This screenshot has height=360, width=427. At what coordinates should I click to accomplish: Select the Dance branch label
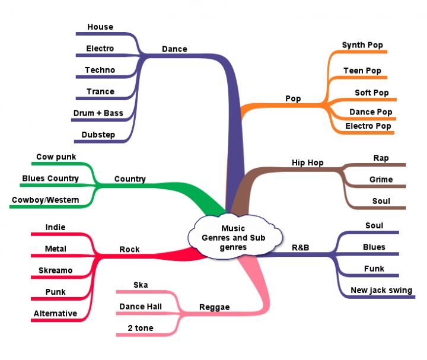(174, 49)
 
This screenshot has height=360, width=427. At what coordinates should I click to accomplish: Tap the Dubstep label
(98, 135)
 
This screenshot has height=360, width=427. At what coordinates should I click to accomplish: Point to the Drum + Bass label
(98, 113)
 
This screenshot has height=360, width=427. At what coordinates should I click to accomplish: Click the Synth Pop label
(362, 45)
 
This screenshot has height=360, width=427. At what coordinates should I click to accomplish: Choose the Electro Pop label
(368, 126)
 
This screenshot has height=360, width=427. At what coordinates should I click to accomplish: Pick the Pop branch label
(293, 99)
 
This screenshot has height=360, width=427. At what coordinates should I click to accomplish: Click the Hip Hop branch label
(308, 163)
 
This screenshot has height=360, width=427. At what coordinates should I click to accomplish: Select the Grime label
(381, 179)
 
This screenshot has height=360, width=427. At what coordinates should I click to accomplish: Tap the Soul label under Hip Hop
(381, 201)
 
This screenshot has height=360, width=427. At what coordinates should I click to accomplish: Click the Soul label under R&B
(374, 225)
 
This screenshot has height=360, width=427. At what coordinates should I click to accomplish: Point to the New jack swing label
(381, 290)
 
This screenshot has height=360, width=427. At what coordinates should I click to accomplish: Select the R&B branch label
(301, 247)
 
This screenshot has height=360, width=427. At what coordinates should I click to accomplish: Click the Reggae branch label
(214, 307)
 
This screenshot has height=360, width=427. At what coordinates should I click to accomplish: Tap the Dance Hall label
(141, 307)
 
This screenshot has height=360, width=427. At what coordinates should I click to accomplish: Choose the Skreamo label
(55, 270)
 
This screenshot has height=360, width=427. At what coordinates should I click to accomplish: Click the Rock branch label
(130, 249)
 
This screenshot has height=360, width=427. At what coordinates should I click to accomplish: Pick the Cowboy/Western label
(45, 200)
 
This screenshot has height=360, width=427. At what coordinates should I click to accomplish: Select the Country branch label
(130, 179)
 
